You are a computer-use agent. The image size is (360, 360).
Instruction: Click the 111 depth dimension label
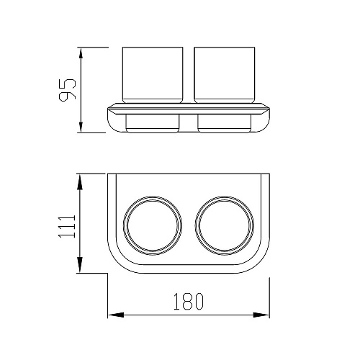67,227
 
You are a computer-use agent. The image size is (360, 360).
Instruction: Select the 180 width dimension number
189,301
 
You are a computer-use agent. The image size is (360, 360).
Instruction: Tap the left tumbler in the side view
153,75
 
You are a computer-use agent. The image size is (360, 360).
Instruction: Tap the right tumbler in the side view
225,75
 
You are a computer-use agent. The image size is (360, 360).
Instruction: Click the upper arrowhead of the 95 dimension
81,53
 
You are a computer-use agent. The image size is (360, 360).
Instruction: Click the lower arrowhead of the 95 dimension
81,127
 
